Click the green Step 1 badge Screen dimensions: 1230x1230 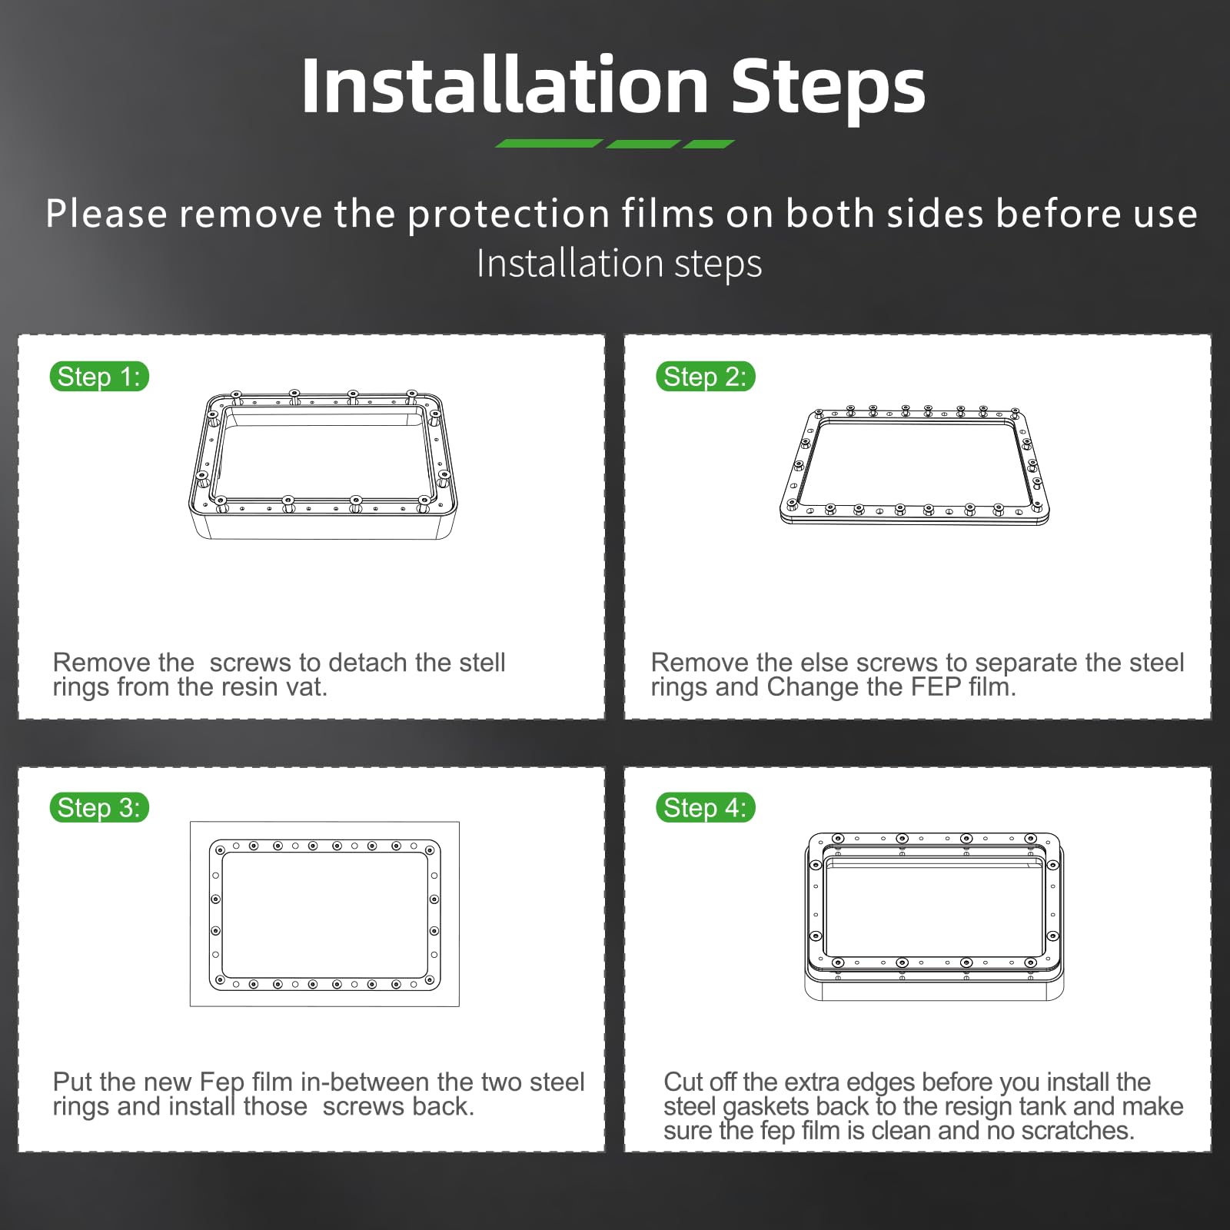[x=99, y=377]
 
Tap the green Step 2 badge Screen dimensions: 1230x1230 [x=705, y=377]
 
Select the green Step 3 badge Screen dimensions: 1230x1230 [x=99, y=808]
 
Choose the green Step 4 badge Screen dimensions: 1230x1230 [x=705, y=808]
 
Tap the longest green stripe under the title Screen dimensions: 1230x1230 [x=548, y=144]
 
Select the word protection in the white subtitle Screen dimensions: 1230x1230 [x=508, y=214]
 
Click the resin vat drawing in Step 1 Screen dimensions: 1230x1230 [x=323, y=464]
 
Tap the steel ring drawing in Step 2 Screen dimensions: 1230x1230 [x=914, y=466]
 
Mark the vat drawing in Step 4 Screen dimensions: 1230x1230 [x=934, y=916]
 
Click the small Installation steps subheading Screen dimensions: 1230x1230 [x=619, y=264]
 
